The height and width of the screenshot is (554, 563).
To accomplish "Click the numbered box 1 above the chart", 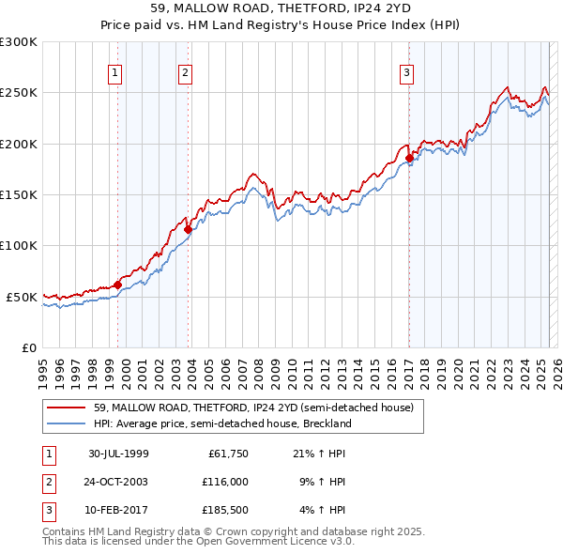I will tap(114, 73).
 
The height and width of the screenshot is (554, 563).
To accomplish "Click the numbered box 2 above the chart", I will tap(186, 73).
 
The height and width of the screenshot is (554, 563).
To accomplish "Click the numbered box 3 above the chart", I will tap(407, 73).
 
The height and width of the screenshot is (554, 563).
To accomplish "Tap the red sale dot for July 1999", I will tap(118, 285).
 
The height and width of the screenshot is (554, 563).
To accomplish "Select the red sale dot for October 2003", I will tap(189, 229).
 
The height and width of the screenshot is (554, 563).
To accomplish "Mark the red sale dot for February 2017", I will tap(409, 159).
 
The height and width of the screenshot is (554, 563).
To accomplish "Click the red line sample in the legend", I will tap(67, 408).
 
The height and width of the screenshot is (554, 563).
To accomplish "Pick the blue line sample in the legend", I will tap(67, 423).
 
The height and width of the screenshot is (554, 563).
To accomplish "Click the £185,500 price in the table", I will tap(225, 510).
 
